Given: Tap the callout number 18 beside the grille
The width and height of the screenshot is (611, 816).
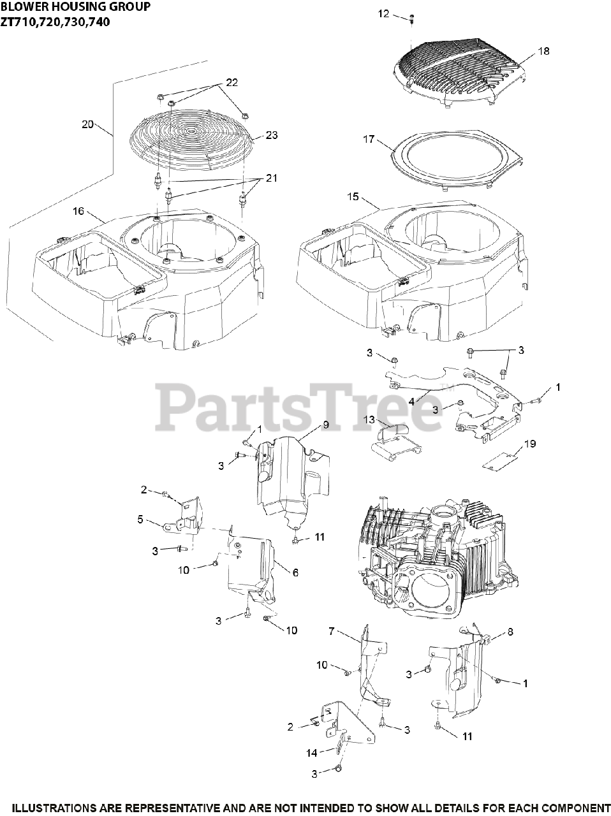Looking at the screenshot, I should pyautogui.click(x=543, y=51).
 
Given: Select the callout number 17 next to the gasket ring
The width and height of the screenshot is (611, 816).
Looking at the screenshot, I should pyautogui.click(x=369, y=138).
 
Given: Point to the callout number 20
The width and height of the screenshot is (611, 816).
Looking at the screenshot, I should pyautogui.click(x=88, y=124).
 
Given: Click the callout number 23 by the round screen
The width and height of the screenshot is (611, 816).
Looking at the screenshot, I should pyautogui.click(x=272, y=135).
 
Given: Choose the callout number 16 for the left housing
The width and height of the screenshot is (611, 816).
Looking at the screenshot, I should pyautogui.click(x=78, y=211).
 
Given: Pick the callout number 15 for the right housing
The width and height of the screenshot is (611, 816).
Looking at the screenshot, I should pyautogui.click(x=353, y=196).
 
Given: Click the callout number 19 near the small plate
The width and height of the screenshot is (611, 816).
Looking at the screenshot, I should pyautogui.click(x=530, y=443).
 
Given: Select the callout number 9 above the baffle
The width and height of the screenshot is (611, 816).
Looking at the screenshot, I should pyautogui.click(x=325, y=424).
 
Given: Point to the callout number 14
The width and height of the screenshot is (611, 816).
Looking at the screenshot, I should pyautogui.click(x=311, y=753).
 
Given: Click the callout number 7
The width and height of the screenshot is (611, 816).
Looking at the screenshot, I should pyautogui.click(x=331, y=631).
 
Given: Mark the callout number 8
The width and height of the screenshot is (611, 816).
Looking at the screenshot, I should pyautogui.click(x=510, y=632).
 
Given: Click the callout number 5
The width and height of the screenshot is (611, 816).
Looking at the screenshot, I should pyautogui.click(x=140, y=519).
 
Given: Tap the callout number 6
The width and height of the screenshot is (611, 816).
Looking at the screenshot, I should pyautogui.click(x=295, y=572).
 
